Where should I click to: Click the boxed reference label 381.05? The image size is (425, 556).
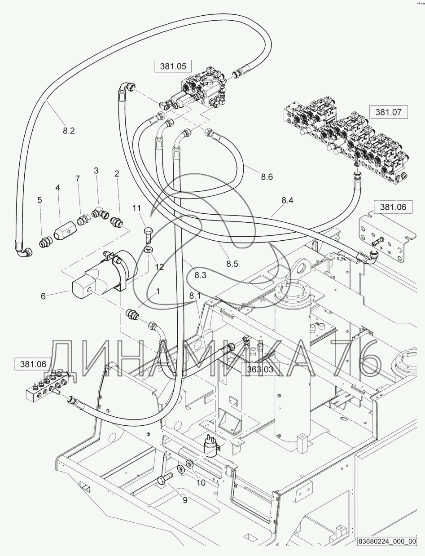tap(173, 66)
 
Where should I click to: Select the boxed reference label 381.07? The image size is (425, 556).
tap(389, 112)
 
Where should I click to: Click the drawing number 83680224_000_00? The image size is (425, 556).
tap(387, 547)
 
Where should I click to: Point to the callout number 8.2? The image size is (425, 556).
tap(69, 131)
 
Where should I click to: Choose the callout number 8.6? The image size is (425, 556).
tap(267, 177)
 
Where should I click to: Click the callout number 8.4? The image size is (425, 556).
tap(287, 200)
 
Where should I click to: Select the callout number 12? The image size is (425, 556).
tap(159, 267)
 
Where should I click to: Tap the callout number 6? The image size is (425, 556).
tap(43, 296)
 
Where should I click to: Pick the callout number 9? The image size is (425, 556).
tap(185, 500)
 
